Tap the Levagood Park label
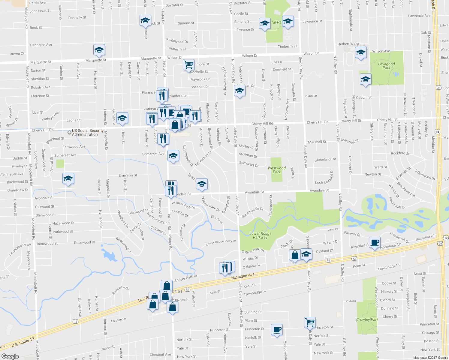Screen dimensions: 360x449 coord(386,66)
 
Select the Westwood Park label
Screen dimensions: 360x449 coord(276,170)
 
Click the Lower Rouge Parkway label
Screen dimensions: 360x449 coord(260,235)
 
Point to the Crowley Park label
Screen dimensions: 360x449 coord(367,319)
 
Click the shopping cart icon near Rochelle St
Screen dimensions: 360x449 coord(188,64)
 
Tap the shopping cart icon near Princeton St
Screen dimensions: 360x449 coord(309,322)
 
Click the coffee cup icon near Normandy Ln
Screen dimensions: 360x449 coord(374,242)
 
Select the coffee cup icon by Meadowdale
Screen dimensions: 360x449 coord(276,329)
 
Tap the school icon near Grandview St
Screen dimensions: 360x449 coord(68,178)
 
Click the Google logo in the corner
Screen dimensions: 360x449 coord(10,356)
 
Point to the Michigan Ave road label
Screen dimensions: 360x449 coord(243,275)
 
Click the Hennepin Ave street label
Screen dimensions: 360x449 coord(41,45)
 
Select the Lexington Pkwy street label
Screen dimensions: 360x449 coord(20,249)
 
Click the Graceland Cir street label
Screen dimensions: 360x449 coord(325,160)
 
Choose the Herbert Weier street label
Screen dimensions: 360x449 coord(348,44)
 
